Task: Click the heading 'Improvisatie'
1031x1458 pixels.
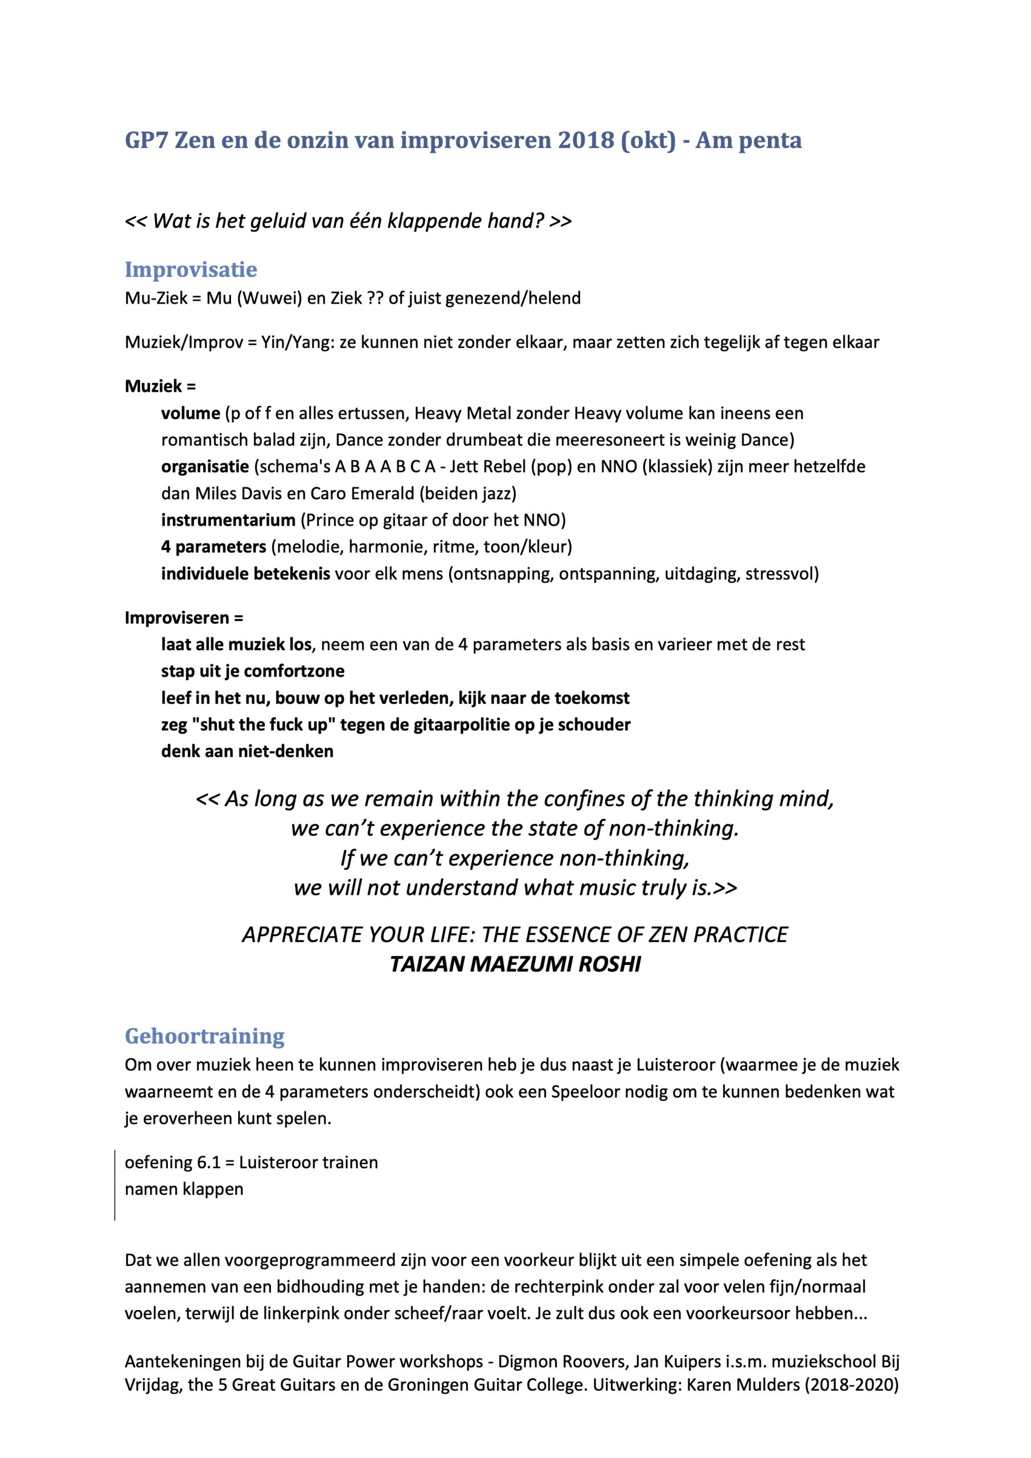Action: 191,270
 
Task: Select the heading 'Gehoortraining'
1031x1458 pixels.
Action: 204,1036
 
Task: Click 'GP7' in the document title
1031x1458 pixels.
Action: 146,140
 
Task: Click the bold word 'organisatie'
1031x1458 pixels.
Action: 204,468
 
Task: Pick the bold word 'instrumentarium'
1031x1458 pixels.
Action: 228,521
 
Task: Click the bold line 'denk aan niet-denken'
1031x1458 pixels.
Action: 247,752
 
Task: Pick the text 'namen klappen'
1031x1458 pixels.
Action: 184,1189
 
